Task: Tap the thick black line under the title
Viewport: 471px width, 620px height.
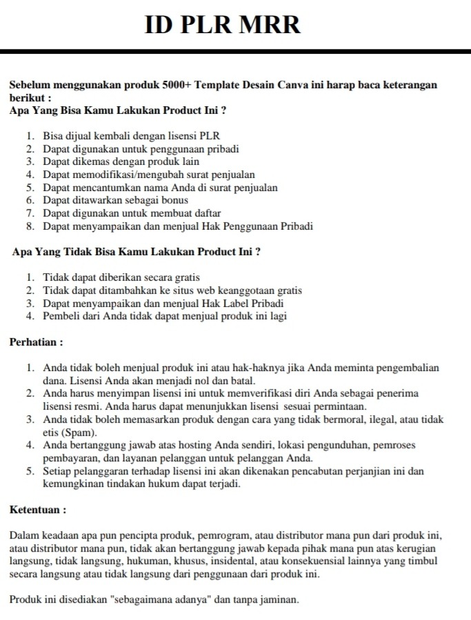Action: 235,51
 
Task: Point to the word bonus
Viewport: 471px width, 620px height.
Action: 174,200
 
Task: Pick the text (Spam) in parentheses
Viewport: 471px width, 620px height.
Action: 79,432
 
